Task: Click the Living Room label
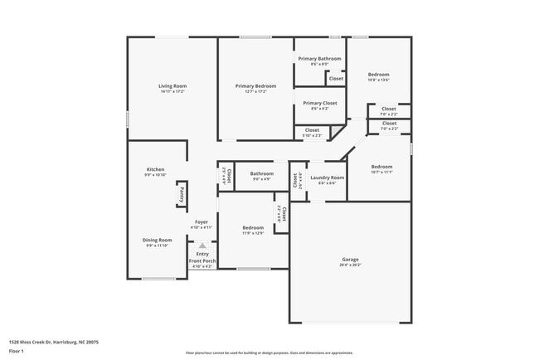pos(172,85)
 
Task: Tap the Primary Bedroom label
pos(255,85)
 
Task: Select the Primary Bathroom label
pos(320,59)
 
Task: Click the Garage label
pos(351,259)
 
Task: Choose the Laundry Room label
pos(328,178)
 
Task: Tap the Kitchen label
pos(156,169)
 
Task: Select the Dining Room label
pos(158,240)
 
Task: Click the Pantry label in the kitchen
pos(182,194)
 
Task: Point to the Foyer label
pos(202,221)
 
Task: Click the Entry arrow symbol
pos(202,246)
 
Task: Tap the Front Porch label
pos(202,260)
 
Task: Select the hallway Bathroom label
pos(261,173)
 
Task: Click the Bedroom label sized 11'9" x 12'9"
pos(253,227)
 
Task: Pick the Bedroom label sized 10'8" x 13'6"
pos(378,75)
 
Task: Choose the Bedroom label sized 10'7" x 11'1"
pos(381,166)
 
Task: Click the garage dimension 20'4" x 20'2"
pos(351,265)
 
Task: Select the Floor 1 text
pos(17,351)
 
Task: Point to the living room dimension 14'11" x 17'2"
pos(172,91)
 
